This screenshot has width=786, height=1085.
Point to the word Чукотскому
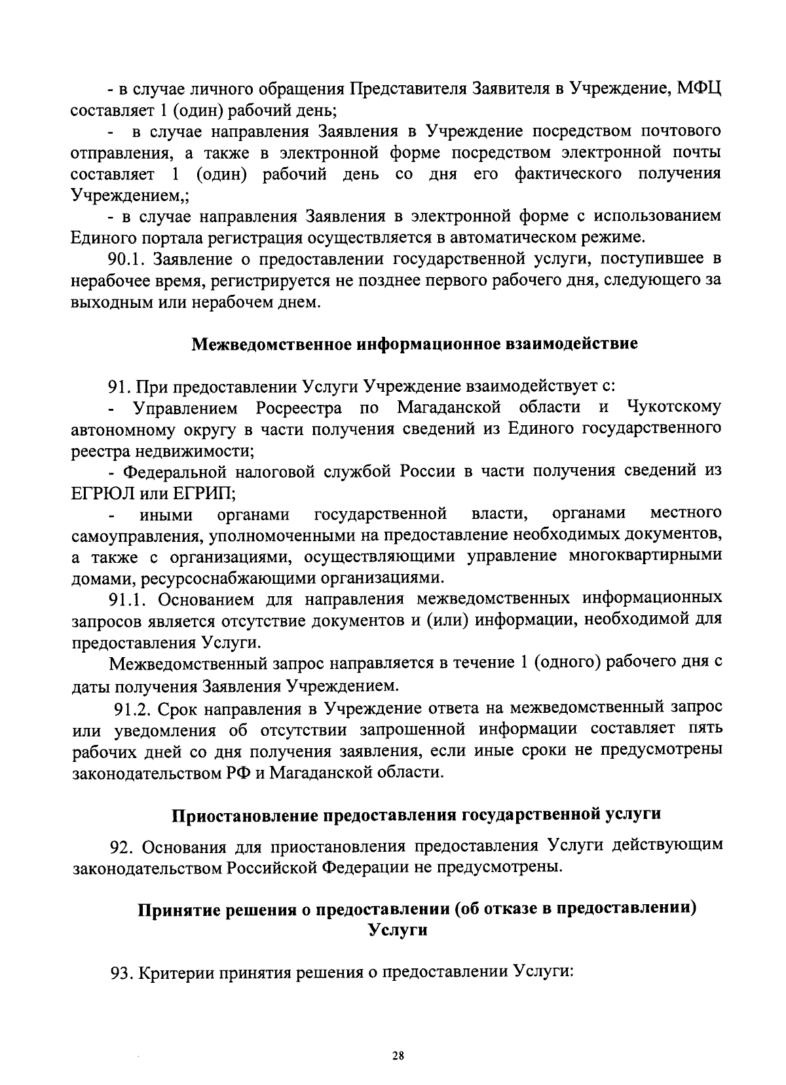674,407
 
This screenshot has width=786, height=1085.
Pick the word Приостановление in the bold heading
245,815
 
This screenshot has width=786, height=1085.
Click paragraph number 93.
122,973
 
